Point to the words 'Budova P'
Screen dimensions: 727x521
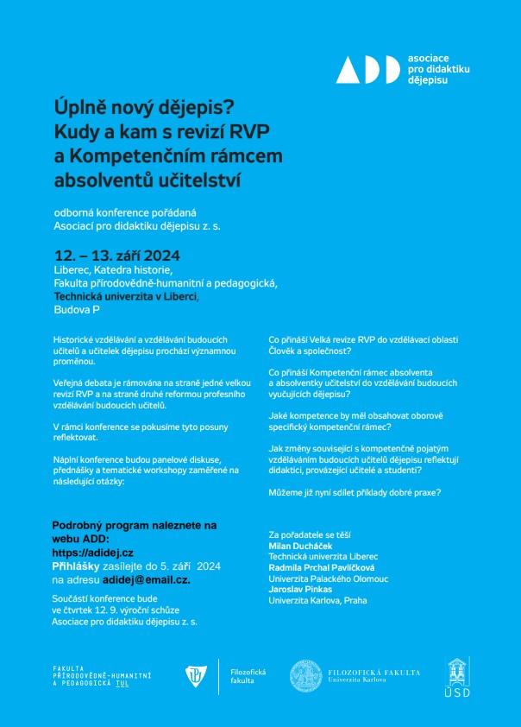click(77, 309)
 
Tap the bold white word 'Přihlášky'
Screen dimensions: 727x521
click(78, 566)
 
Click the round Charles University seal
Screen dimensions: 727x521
click(306, 676)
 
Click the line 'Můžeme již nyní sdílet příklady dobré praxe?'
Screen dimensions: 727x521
click(355, 492)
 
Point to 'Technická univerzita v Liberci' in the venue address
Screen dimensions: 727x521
click(125, 296)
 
